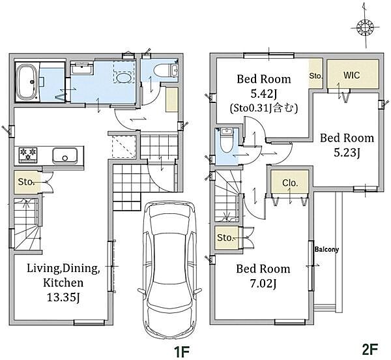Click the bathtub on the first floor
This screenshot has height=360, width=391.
27,82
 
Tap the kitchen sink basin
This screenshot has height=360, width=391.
65,156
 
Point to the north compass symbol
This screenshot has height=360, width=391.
365,27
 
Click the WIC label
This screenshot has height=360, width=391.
351,75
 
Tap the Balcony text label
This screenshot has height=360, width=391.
326,249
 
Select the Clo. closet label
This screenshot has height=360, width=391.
290,183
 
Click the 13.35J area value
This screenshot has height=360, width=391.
63,297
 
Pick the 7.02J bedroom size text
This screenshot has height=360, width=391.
263,284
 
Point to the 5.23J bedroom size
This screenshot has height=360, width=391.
347,153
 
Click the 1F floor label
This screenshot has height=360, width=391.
182,352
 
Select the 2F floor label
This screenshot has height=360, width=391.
370,349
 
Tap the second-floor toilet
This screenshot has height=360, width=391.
226,140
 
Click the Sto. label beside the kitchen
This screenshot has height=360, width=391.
25,182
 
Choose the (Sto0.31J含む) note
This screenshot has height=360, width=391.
264,108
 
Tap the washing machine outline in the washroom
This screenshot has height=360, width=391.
124,72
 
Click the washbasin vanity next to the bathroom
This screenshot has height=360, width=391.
82,68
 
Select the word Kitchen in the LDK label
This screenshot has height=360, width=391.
63,282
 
